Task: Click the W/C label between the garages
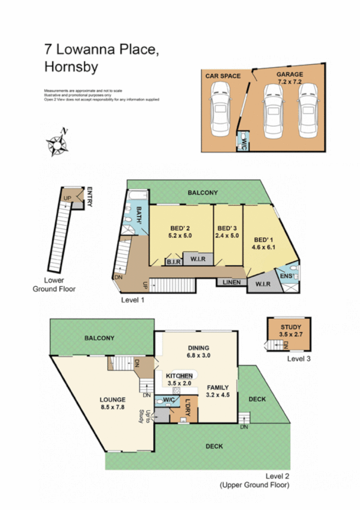(244, 143)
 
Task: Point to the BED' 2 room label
(180, 232)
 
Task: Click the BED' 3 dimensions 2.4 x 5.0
(227, 236)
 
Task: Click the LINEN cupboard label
(231, 281)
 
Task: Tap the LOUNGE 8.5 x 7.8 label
(112, 403)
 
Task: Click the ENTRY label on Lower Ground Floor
(90, 197)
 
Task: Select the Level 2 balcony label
(100, 338)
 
